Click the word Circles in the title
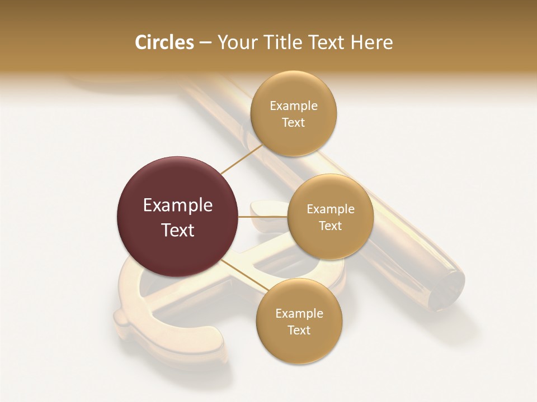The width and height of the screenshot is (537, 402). pyautogui.click(x=164, y=42)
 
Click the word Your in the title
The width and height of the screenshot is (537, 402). pyautogui.click(x=235, y=42)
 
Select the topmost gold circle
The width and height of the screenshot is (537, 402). pyautogui.click(x=294, y=113)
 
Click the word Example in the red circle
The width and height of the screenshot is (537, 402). pyautogui.click(x=178, y=205)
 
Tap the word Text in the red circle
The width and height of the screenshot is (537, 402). pyautogui.click(x=178, y=230)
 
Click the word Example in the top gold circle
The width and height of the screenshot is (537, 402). pyautogui.click(x=294, y=106)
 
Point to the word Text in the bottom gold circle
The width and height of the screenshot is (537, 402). pyautogui.click(x=299, y=330)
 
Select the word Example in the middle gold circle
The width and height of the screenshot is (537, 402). pyautogui.click(x=331, y=209)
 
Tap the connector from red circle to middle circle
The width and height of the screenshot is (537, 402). pyautogui.click(x=263, y=217)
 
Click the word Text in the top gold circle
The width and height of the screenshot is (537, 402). pyautogui.click(x=294, y=122)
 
